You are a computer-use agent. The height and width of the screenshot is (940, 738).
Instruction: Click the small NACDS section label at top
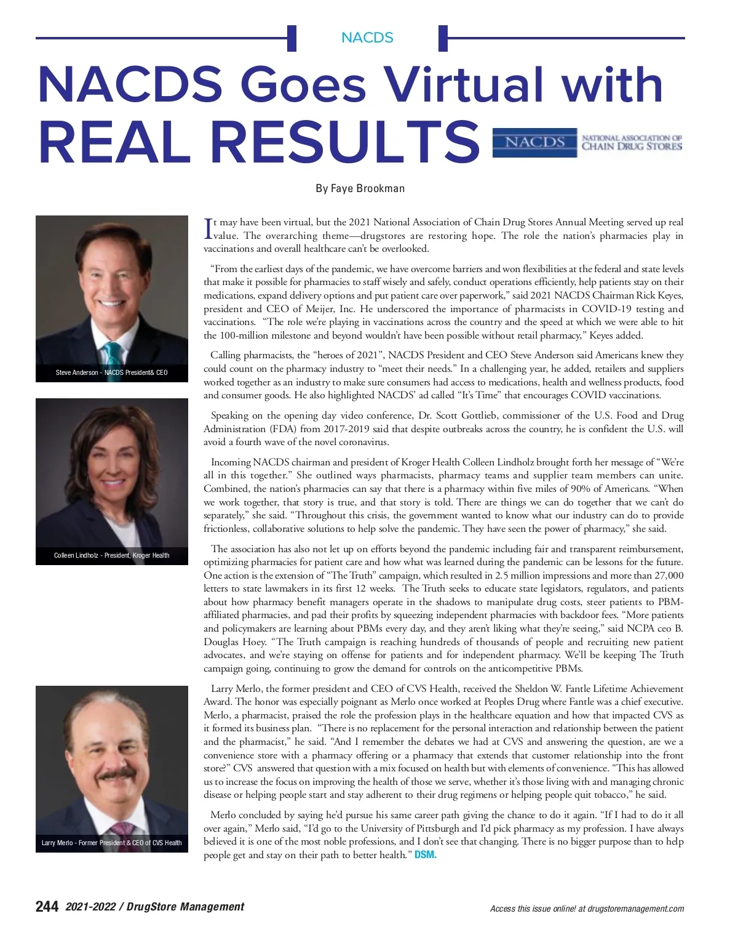click(367, 38)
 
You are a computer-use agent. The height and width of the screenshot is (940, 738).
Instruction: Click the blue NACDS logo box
click(534, 142)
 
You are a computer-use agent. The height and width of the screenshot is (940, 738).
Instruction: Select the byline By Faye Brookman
click(360, 188)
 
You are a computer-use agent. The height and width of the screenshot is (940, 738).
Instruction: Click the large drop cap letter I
click(207, 228)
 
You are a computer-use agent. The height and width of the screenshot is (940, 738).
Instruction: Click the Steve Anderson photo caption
click(111, 372)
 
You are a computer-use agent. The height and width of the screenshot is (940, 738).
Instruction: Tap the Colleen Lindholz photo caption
click(111, 555)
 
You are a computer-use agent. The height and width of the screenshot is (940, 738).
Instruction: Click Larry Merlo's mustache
click(116, 774)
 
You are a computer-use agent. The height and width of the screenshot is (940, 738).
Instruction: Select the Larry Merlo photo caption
click(111, 843)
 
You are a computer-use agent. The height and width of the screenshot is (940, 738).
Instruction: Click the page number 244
click(47, 907)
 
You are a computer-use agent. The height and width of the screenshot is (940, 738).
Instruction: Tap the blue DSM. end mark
click(426, 855)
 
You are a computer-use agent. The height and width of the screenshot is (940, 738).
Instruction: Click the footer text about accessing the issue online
click(587, 909)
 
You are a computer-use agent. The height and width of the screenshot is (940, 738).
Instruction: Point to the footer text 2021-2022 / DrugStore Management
click(155, 907)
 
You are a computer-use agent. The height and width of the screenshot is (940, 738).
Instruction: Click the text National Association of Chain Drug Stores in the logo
click(632, 143)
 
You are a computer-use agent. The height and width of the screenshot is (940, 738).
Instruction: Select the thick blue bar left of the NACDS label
click(292, 38)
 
